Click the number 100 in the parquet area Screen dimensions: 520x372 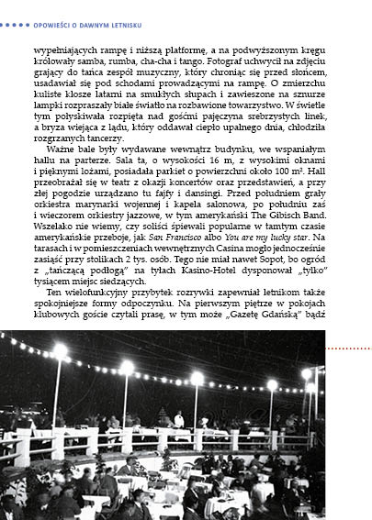[285, 171]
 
